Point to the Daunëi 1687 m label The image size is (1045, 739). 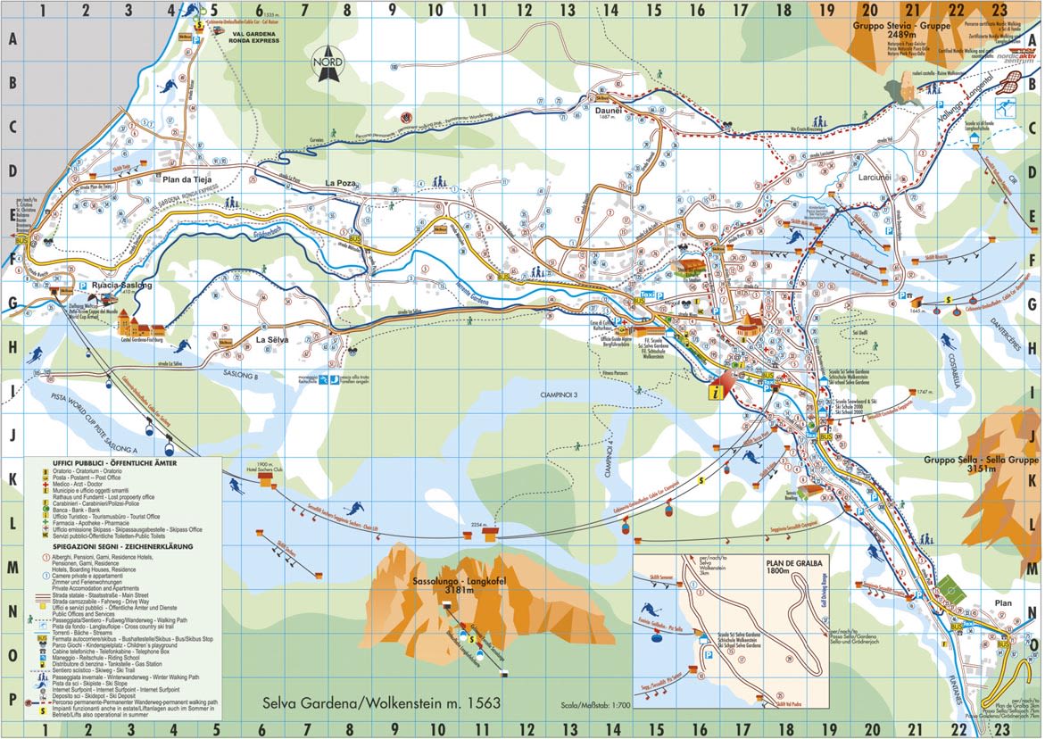pyautogui.click(x=608, y=112)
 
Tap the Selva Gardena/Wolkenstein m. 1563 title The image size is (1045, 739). pyautogui.click(x=381, y=704)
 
